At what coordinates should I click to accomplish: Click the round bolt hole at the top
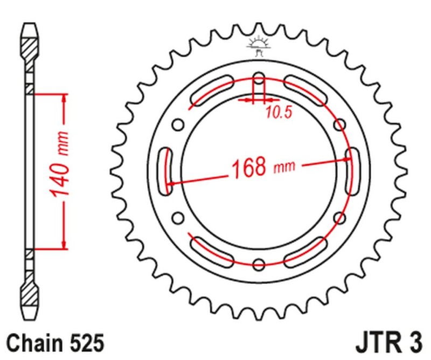pos(259,80)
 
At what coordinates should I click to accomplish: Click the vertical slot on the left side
pos(165,171)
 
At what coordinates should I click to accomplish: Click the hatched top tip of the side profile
pos(30,43)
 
